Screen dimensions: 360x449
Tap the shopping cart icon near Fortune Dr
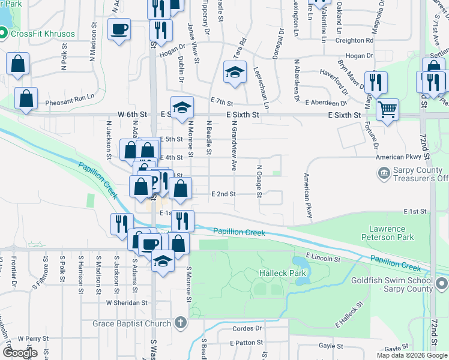[x=388, y=110]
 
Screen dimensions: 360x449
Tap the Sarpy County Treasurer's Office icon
[x=382, y=173]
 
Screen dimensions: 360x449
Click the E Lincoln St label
[x=324, y=257]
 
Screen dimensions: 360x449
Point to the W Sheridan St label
[x=127, y=303]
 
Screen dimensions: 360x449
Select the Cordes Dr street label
[x=250, y=328]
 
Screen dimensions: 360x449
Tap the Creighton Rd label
[x=354, y=40]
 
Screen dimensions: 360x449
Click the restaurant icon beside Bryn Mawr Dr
[x=376, y=82]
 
